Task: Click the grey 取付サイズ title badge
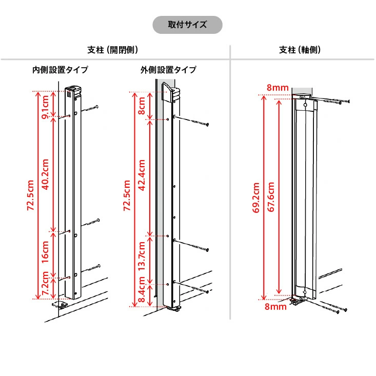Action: coord(187,25)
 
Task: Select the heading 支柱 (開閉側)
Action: coord(113,50)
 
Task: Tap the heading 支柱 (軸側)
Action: coord(300,50)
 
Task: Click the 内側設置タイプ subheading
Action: coord(60,70)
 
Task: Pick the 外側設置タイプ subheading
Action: coord(168,70)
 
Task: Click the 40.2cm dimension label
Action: coord(45,174)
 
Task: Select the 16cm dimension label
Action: coord(45,252)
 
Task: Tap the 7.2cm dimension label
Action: coord(45,284)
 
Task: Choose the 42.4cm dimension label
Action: coord(142,175)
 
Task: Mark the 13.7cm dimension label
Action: coord(142,256)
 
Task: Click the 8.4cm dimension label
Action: coord(142,290)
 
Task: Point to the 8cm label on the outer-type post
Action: coord(142,106)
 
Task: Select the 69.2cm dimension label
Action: coord(256,197)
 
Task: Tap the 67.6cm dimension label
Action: coord(271,197)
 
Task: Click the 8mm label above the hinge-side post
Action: coord(278,88)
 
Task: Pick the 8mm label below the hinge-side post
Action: coord(275,307)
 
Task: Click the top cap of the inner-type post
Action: coord(73,91)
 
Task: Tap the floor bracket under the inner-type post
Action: coord(60,305)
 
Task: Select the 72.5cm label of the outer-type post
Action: coord(127,195)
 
